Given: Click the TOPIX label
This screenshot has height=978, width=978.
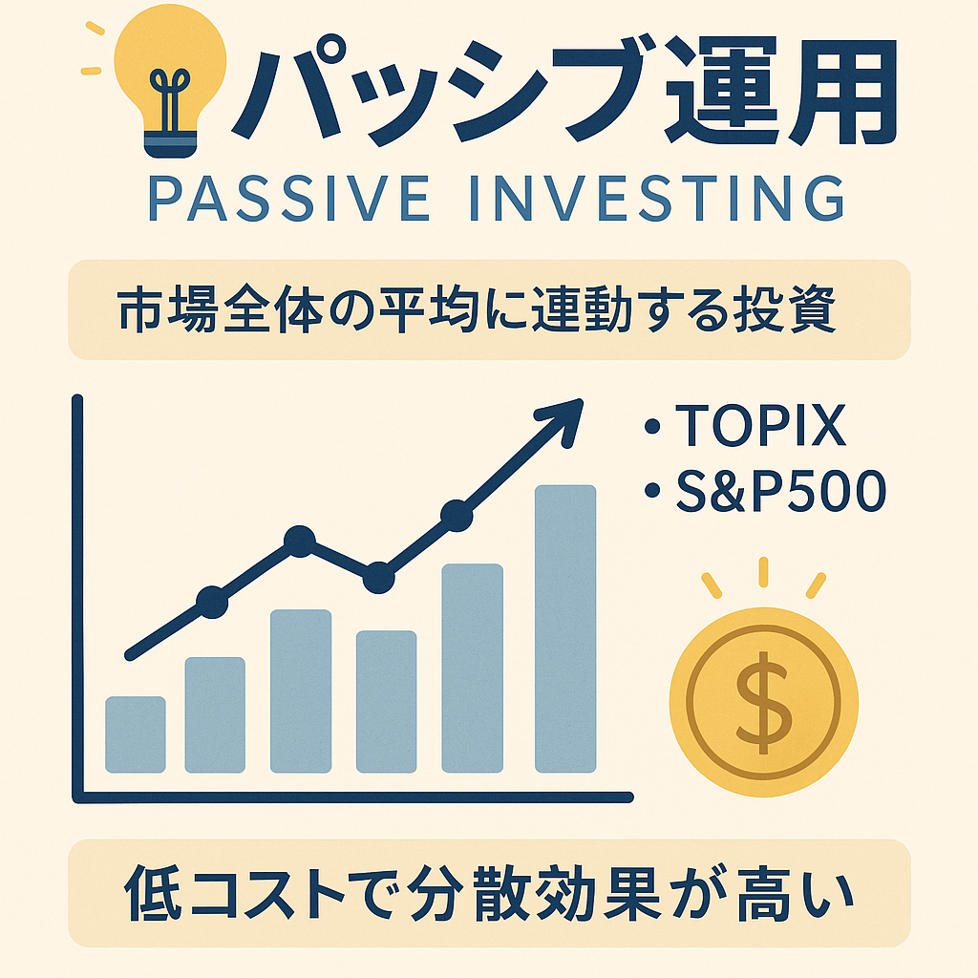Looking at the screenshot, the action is [x=760, y=425].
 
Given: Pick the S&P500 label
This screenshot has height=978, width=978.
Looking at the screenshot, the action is [x=781, y=491].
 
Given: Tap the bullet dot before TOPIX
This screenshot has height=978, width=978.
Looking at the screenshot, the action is [x=652, y=426].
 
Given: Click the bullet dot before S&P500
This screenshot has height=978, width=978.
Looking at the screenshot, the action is [x=652, y=491].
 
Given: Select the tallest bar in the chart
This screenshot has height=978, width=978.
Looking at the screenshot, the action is [x=565, y=628].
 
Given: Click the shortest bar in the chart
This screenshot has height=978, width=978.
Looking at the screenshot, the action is [x=136, y=734].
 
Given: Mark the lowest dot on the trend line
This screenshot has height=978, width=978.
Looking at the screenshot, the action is [x=212, y=602].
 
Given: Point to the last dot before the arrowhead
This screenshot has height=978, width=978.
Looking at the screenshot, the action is [x=457, y=516].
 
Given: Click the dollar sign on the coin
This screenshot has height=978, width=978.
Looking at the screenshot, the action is [x=764, y=702].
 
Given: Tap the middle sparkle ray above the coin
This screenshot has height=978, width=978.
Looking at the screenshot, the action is [x=763, y=572].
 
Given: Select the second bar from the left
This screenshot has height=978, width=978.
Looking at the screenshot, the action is [x=215, y=714].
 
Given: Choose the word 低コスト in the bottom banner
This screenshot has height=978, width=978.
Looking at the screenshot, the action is [x=235, y=893].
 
